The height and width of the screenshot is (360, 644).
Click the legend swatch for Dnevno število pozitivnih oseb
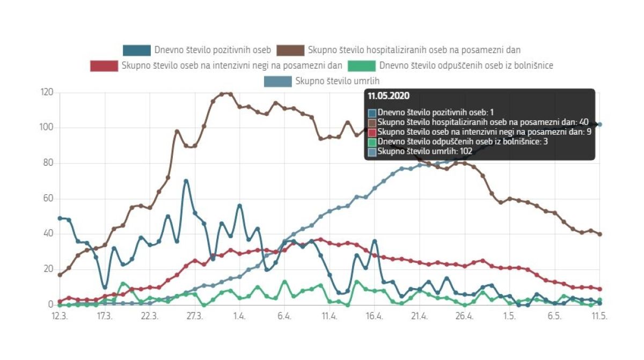(137, 50)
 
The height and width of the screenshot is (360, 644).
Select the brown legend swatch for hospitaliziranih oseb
(290, 50)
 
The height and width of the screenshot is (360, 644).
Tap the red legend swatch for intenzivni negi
(104, 66)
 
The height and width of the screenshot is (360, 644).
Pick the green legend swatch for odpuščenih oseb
(361, 66)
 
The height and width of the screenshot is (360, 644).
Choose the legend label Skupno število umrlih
(341, 82)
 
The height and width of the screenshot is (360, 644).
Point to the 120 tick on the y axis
(47, 92)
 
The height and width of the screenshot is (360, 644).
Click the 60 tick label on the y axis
(48, 199)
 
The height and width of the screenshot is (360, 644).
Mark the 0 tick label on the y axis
(50, 305)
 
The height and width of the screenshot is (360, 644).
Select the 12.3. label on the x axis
(60, 317)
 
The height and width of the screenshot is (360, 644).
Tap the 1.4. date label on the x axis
(239, 317)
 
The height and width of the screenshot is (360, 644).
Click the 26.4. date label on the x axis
(464, 317)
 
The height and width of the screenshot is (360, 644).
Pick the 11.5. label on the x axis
(599, 317)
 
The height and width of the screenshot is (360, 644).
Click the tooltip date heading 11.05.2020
(389, 96)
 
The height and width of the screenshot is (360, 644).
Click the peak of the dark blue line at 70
(186, 181)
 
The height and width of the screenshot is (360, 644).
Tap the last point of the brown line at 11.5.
(599, 234)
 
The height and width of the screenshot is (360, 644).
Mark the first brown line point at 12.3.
(60, 275)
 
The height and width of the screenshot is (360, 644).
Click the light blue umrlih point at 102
(599, 124)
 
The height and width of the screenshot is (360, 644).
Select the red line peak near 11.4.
(320, 239)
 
